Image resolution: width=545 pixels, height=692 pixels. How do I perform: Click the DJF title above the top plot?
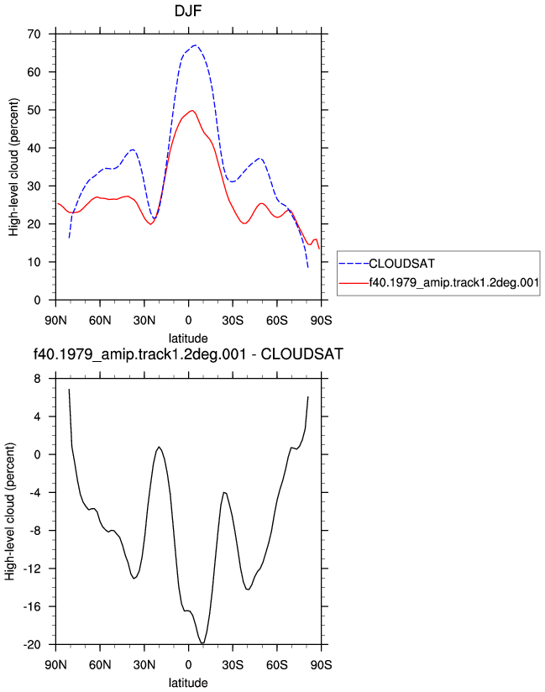[x=188, y=11]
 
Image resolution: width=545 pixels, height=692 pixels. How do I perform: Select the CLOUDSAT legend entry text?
[x=401, y=264]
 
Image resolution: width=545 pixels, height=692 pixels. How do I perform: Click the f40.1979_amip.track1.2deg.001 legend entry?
[x=453, y=282]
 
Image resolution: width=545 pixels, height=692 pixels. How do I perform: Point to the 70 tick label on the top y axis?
[x=34, y=34]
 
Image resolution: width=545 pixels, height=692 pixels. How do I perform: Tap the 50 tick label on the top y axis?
[x=34, y=110]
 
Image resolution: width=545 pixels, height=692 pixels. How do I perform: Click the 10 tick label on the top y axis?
[x=34, y=262]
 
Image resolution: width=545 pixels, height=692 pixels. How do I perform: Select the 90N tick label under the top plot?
[x=55, y=321]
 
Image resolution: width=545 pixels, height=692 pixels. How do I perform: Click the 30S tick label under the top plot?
[x=233, y=321]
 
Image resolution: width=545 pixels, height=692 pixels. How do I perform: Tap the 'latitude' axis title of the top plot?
[x=188, y=338]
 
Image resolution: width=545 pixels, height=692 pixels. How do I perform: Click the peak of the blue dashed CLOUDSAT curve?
[x=195, y=45]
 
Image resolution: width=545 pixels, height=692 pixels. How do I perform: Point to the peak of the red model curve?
[x=192, y=110]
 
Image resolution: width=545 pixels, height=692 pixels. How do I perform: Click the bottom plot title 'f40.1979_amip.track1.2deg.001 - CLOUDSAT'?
[x=188, y=354]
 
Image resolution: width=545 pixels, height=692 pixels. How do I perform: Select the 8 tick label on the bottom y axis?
[x=37, y=379]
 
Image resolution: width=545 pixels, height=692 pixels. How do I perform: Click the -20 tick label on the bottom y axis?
[x=32, y=645]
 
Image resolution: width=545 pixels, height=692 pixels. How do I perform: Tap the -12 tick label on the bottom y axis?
[x=32, y=569]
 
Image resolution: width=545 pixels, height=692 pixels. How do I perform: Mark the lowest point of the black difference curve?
[x=202, y=643]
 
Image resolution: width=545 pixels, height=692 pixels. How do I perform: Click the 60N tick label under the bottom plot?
[x=100, y=665]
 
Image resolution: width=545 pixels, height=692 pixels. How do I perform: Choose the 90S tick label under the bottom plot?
[x=321, y=665]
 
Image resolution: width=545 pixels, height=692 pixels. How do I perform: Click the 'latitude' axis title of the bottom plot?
[x=188, y=683]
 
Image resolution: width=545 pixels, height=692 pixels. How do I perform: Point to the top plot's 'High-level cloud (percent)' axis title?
[x=13, y=167]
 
